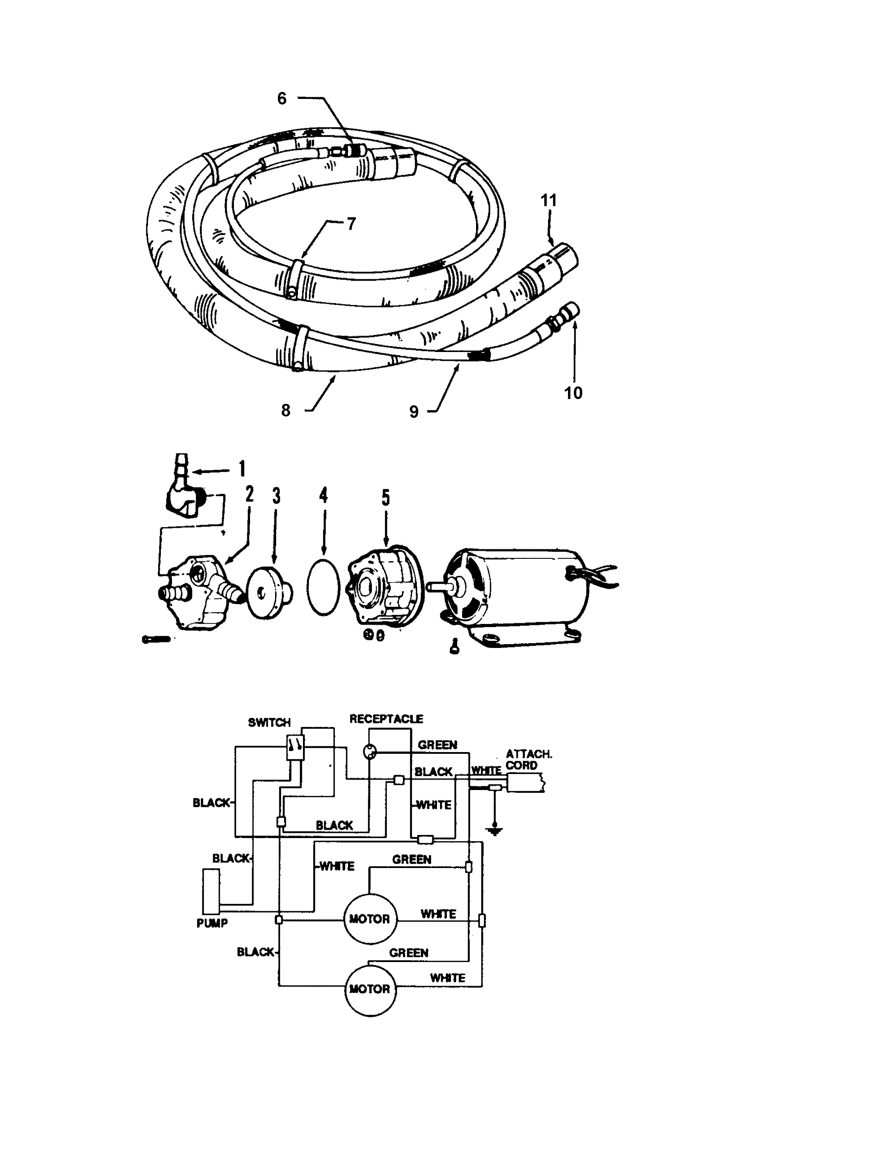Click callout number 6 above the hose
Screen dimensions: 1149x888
[x=282, y=99]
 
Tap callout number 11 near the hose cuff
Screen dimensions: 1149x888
[x=549, y=201]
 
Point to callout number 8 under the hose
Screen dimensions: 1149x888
[x=286, y=411]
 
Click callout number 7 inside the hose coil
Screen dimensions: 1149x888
[x=351, y=224]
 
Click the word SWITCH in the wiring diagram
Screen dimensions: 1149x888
[x=269, y=722]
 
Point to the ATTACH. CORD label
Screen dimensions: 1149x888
[x=528, y=760]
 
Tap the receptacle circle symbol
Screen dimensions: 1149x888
[x=371, y=752]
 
